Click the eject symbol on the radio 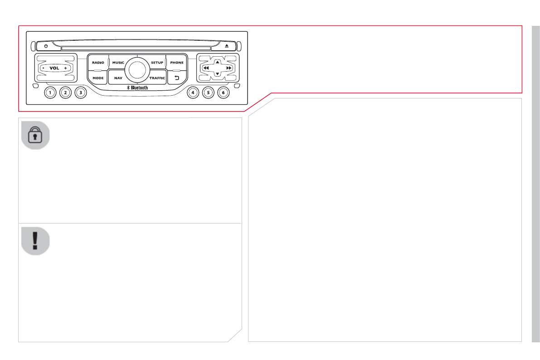point(227,46)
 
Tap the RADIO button point(98,63)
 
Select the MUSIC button point(118,63)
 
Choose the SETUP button point(157,63)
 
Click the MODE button point(98,78)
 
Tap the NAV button point(118,78)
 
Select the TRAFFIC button point(157,78)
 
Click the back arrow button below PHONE point(177,78)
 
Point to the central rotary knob point(137,69)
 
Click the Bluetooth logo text point(137,88)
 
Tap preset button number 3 point(81,93)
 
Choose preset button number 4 point(193,93)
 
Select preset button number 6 point(223,93)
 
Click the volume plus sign point(65,68)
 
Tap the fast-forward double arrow point(229,68)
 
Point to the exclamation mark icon point(35,241)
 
